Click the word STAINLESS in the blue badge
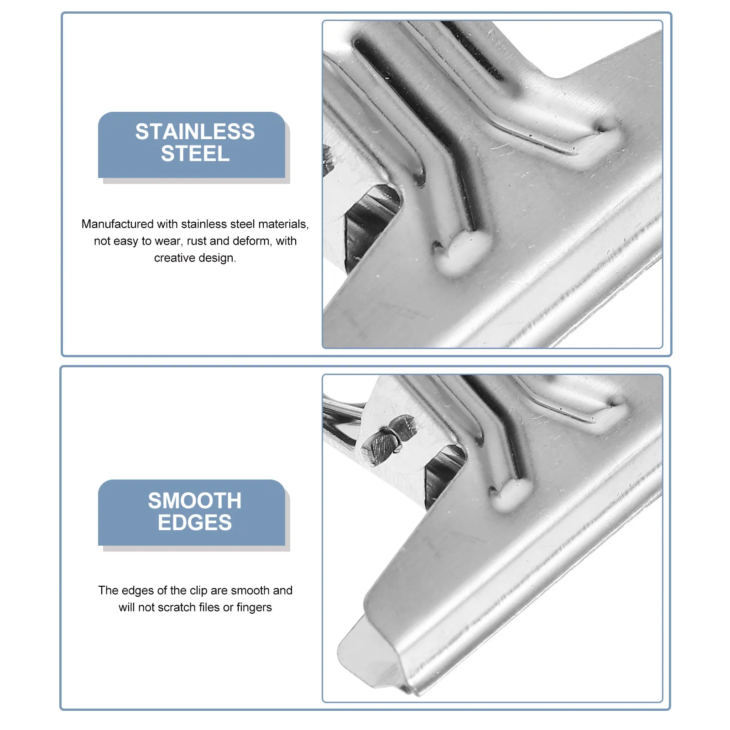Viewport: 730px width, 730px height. click(x=195, y=132)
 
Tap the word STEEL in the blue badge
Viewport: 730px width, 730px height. click(x=195, y=154)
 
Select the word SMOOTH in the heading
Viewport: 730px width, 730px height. click(x=195, y=501)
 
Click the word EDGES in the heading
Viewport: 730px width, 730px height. click(x=195, y=523)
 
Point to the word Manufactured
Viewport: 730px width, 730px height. click(x=117, y=224)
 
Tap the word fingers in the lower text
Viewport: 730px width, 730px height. click(x=254, y=608)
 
